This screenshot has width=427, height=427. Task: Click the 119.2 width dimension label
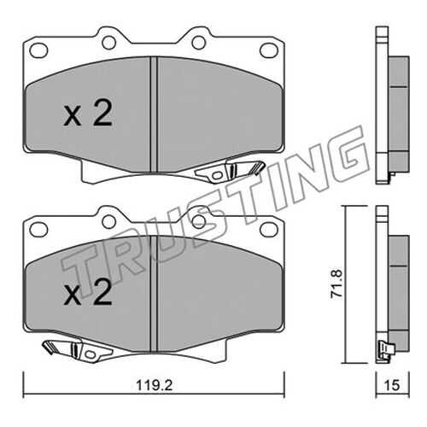pyautogui.click(x=154, y=386)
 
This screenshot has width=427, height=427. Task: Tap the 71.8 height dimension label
pyautogui.click(x=336, y=284)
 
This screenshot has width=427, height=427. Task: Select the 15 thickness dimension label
pyautogui.click(x=392, y=385)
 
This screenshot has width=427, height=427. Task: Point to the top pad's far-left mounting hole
pyautogui.click(x=38, y=50)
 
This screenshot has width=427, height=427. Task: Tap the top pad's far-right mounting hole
pyautogui.click(x=269, y=50)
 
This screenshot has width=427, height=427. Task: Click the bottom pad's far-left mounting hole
pyautogui.click(x=38, y=230)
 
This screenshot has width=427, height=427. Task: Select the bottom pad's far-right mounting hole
pyautogui.click(x=269, y=230)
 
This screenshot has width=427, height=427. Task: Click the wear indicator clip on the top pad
pyautogui.click(x=230, y=171)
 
